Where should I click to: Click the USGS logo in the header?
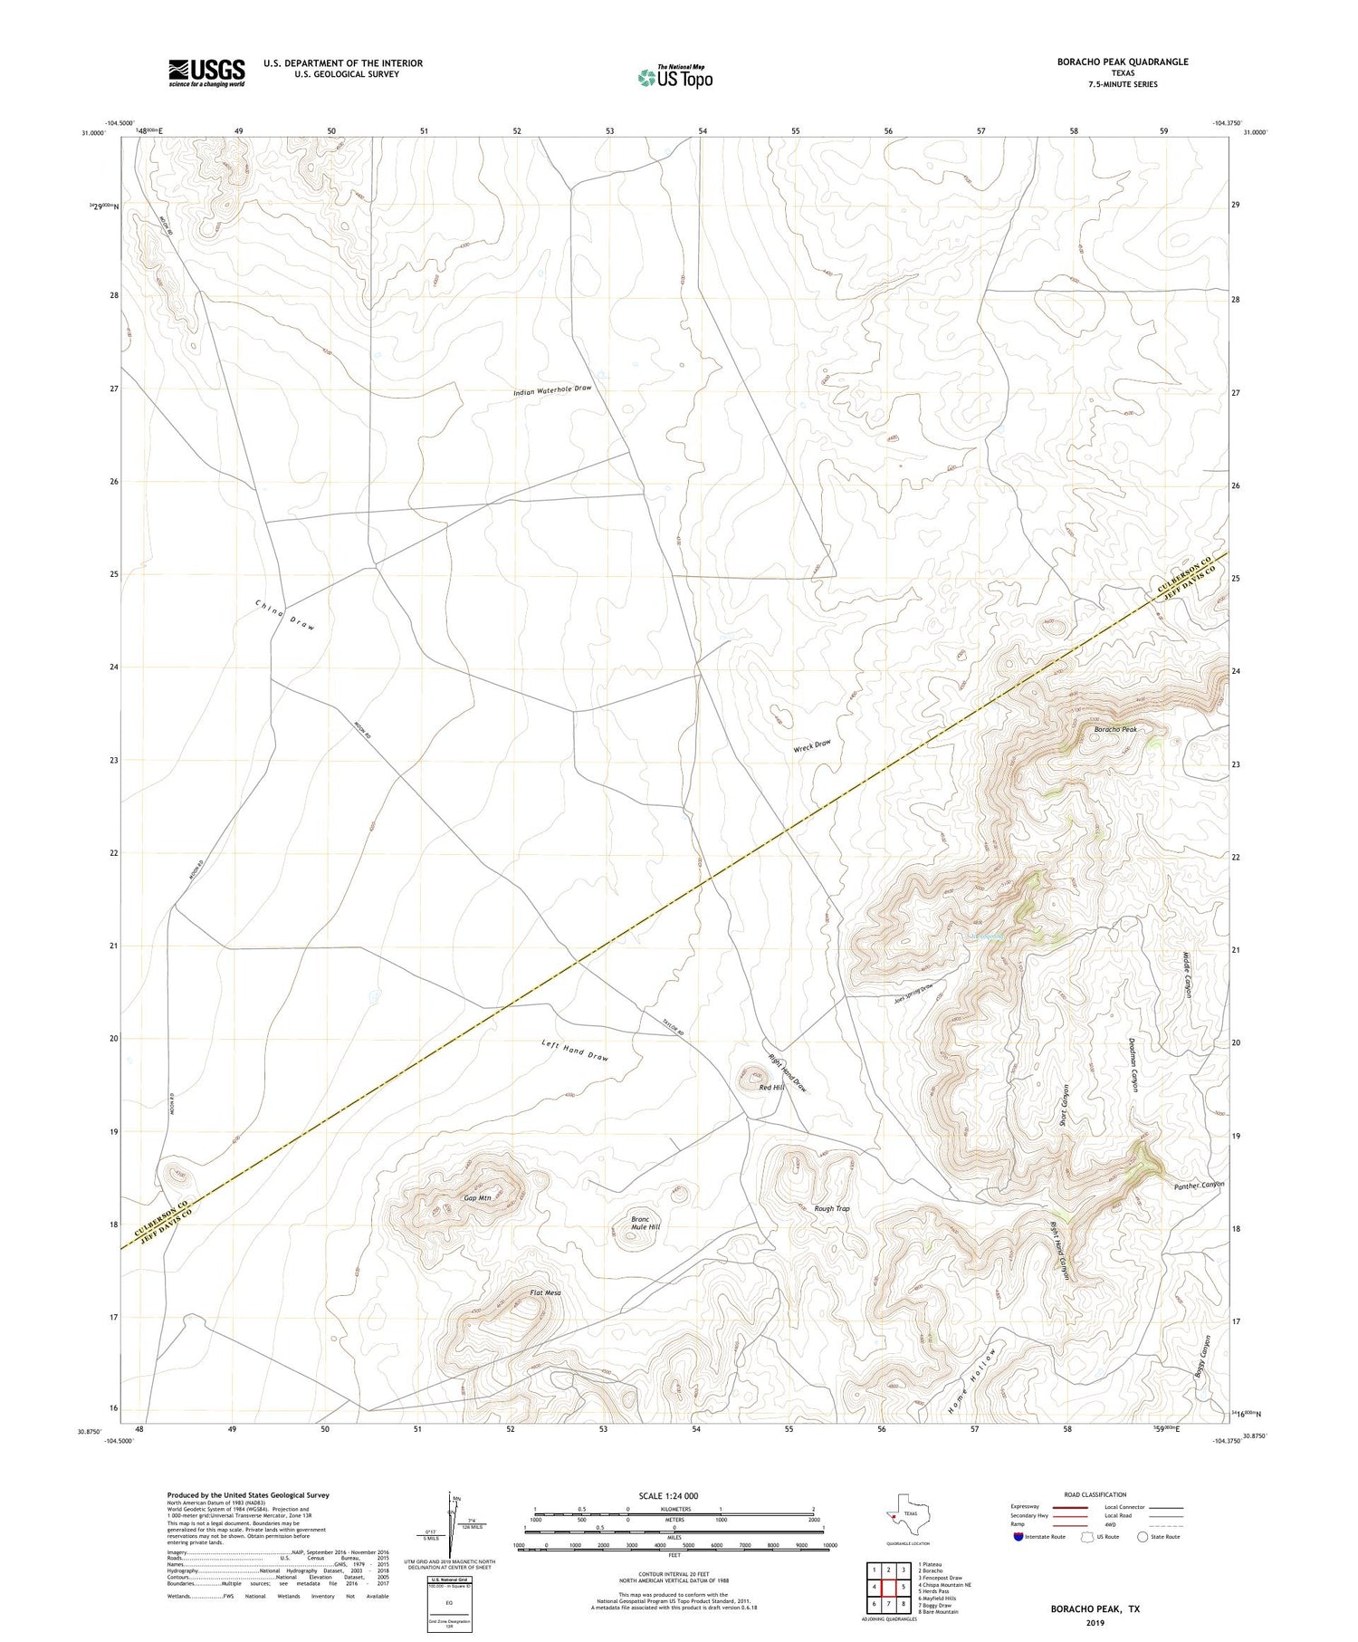tap(206, 72)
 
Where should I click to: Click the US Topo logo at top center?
tap(675, 77)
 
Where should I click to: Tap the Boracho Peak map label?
tap(1114, 729)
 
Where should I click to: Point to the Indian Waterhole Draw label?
tap(552, 389)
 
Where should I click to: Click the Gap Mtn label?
tap(477, 1197)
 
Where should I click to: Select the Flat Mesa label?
tap(545, 1292)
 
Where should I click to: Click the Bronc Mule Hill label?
tap(646, 1224)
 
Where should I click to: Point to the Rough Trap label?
tap(831, 1208)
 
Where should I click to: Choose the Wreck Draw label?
tap(811, 744)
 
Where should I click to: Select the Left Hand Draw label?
tap(575, 1051)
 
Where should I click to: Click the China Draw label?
tap(284, 614)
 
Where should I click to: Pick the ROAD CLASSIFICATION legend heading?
tap(1095, 1494)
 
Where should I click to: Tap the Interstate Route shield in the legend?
tap(1019, 1536)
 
